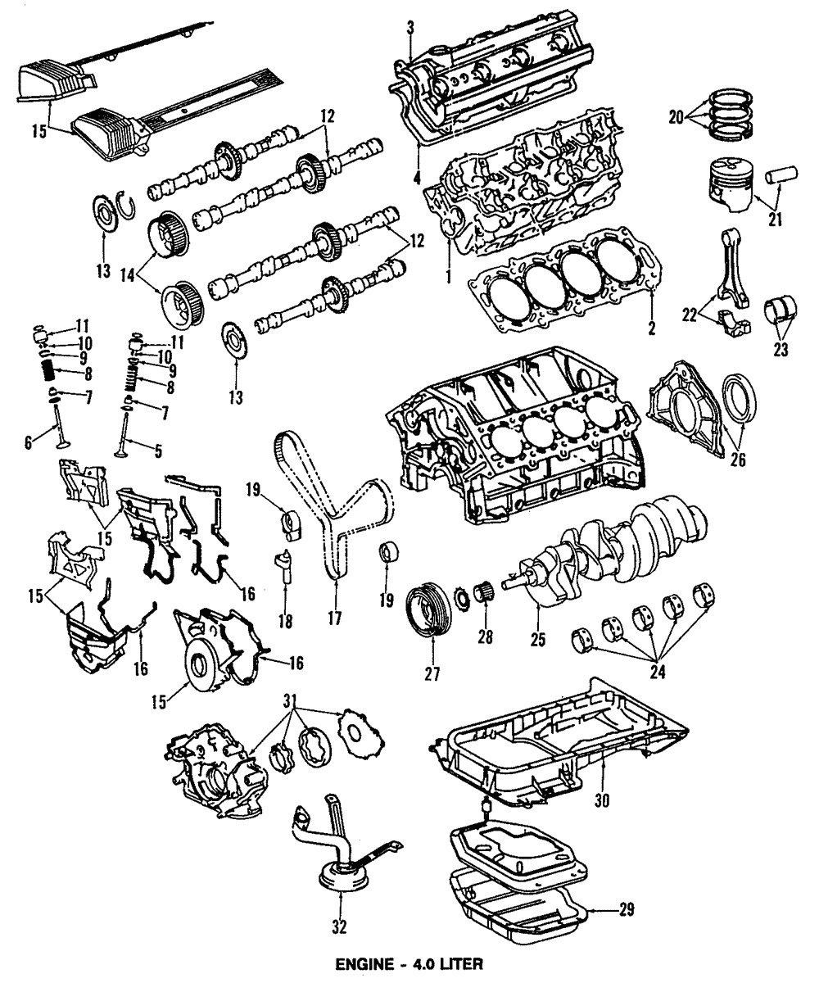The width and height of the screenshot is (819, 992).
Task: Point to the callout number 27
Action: (432, 674)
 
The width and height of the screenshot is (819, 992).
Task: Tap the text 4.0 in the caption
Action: (419, 966)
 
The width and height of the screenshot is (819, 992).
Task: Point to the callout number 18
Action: (285, 622)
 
